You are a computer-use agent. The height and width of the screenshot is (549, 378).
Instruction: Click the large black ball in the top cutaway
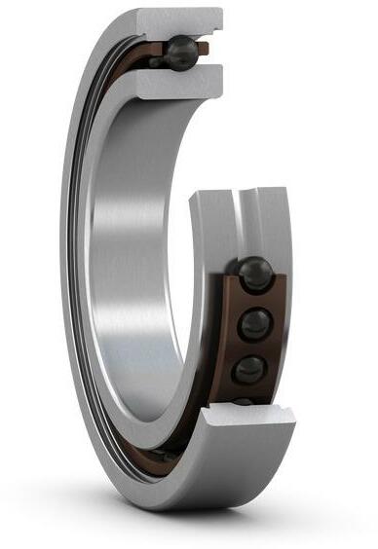click(181, 51)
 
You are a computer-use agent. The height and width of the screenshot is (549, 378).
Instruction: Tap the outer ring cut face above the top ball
click(181, 20)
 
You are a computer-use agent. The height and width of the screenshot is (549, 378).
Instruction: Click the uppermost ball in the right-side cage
click(255, 274)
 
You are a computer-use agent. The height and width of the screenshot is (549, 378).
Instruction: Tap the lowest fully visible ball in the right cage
click(250, 369)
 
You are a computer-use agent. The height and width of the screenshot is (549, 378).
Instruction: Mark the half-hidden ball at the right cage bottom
click(244, 401)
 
